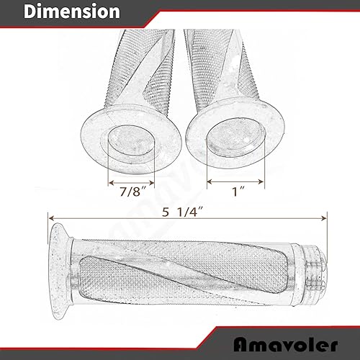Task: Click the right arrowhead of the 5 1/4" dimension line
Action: (x=324, y=214)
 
